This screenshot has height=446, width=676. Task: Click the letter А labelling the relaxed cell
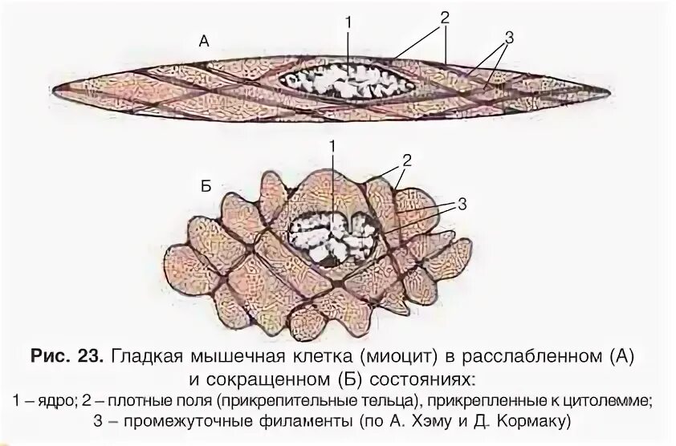tap(204, 43)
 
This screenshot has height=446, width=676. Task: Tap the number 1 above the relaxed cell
tap(348, 22)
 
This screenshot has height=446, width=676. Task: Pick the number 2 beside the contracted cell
tap(406, 160)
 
